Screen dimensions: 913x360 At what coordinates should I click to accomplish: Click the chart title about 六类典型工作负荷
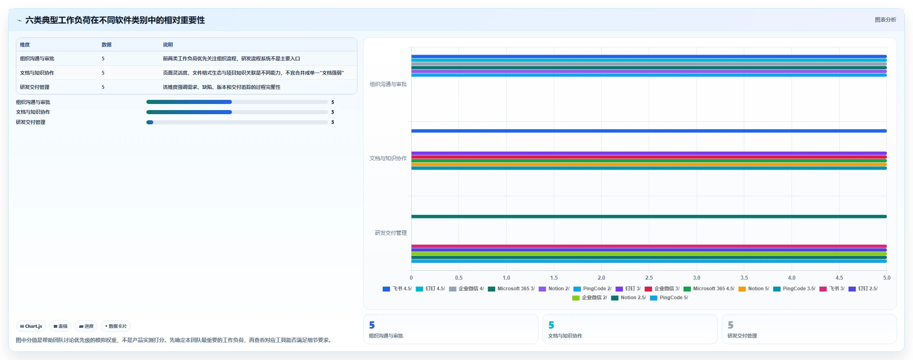pos(115,20)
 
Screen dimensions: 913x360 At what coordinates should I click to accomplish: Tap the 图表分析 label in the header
pos(885,20)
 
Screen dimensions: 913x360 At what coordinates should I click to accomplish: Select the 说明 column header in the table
pos(168,44)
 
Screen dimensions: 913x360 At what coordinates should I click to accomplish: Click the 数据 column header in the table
pos(106,44)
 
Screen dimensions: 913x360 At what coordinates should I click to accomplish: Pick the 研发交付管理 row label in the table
pos(35,87)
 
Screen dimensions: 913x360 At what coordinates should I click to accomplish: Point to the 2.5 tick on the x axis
pos(649,278)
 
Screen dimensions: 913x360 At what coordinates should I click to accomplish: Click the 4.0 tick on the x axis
pos(792,278)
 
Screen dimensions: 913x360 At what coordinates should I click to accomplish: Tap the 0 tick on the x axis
pos(411,278)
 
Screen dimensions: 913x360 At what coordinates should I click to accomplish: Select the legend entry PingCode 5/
pos(669,298)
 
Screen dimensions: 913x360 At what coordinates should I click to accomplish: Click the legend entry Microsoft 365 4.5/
pos(709,289)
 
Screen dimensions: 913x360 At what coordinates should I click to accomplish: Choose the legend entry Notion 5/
pos(754,289)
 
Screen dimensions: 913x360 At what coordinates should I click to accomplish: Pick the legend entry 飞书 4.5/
pos(397,289)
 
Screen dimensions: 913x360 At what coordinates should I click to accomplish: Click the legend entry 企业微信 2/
pos(589,298)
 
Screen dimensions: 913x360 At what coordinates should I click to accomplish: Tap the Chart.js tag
pos(31,326)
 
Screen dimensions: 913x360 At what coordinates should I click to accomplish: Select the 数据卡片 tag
pos(116,326)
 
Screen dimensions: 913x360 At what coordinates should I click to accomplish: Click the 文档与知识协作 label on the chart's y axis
pos(388,158)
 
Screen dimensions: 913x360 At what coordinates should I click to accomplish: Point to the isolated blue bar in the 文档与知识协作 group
pos(649,131)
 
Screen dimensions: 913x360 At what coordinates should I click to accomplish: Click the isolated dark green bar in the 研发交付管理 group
pos(649,216)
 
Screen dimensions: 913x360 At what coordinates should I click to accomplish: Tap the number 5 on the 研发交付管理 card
pos(730,325)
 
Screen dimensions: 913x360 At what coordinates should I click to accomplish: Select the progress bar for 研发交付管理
pos(237,122)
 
